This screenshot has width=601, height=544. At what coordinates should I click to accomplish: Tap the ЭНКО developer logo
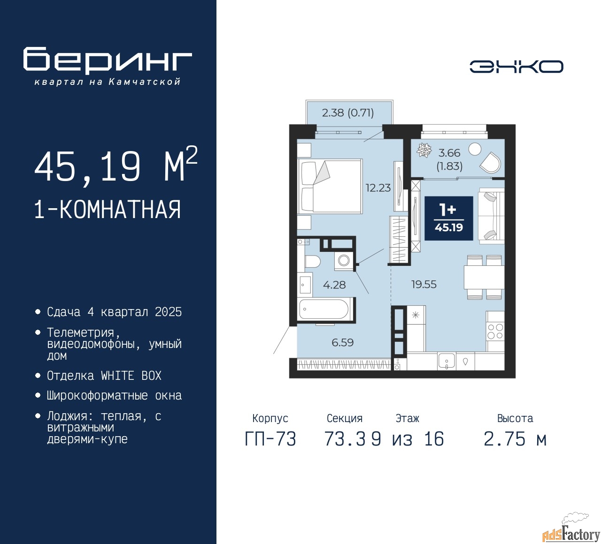(516, 67)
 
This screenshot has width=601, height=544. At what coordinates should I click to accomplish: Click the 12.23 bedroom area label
(378, 188)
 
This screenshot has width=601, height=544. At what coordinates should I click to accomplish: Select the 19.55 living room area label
(424, 284)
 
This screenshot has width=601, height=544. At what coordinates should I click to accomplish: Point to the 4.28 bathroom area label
(334, 285)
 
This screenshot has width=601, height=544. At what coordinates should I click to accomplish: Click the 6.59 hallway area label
(342, 342)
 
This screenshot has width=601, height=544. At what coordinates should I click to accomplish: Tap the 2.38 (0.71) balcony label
(348, 113)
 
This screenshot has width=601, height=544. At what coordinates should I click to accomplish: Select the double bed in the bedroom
(330, 186)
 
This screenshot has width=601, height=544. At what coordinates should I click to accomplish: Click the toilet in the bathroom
(312, 262)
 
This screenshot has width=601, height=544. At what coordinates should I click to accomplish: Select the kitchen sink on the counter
(447, 361)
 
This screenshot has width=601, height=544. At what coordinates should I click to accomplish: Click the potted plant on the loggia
(424, 150)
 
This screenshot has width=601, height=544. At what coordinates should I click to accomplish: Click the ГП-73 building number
(270, 439)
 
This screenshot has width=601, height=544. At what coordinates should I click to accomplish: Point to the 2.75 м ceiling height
(515, 439)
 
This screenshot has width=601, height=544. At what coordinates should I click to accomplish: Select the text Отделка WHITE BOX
(104, 376)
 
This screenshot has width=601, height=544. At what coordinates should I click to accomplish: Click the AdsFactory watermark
(571, 534)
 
